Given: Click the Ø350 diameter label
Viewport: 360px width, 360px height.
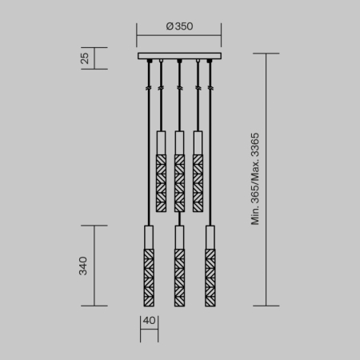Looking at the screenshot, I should click(179, 26).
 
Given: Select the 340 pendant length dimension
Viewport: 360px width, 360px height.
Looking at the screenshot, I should click(83, 266).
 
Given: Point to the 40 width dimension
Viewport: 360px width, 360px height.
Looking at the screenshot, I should click(149, 322).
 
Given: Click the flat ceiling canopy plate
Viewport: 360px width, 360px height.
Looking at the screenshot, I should click(179, 56).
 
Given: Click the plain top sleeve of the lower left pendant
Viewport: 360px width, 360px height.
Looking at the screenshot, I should click(148, 238).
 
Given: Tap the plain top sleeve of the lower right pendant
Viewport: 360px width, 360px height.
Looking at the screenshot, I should click(210, 238).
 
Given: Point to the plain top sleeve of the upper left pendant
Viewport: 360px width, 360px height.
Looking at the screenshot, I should click(161, 141).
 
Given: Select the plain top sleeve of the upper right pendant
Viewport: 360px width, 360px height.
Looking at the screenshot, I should click(197, 141).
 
